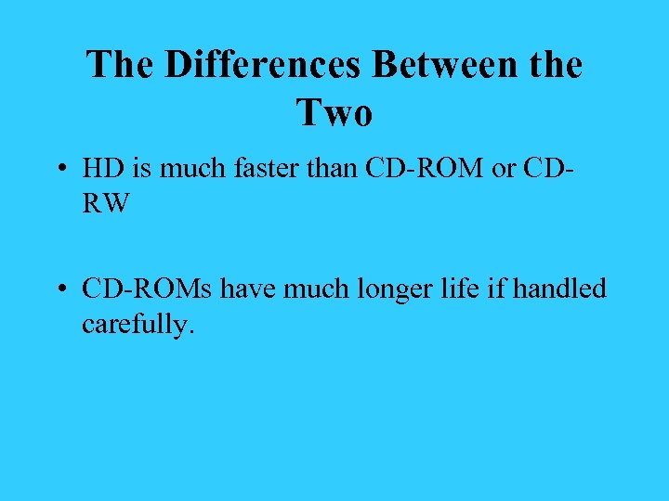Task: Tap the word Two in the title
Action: (x=334, y=113)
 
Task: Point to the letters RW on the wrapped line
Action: (x=106, y=203)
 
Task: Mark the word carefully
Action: (x=138, y=325)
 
